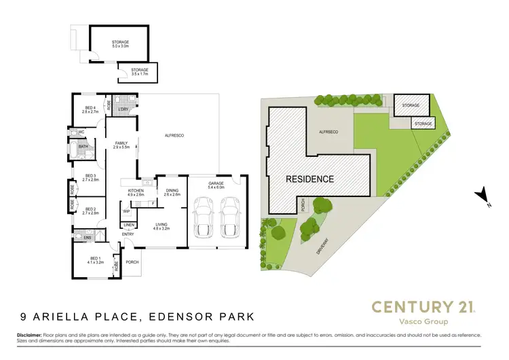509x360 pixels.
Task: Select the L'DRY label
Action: click(x=124, y=109)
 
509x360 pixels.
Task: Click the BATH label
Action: click(x=83, y=147)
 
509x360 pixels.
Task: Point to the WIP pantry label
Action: click(x=127, y=211)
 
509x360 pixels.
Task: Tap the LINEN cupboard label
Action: click(x=129, y=225)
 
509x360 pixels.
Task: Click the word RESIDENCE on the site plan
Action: click(x=309, y=179)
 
